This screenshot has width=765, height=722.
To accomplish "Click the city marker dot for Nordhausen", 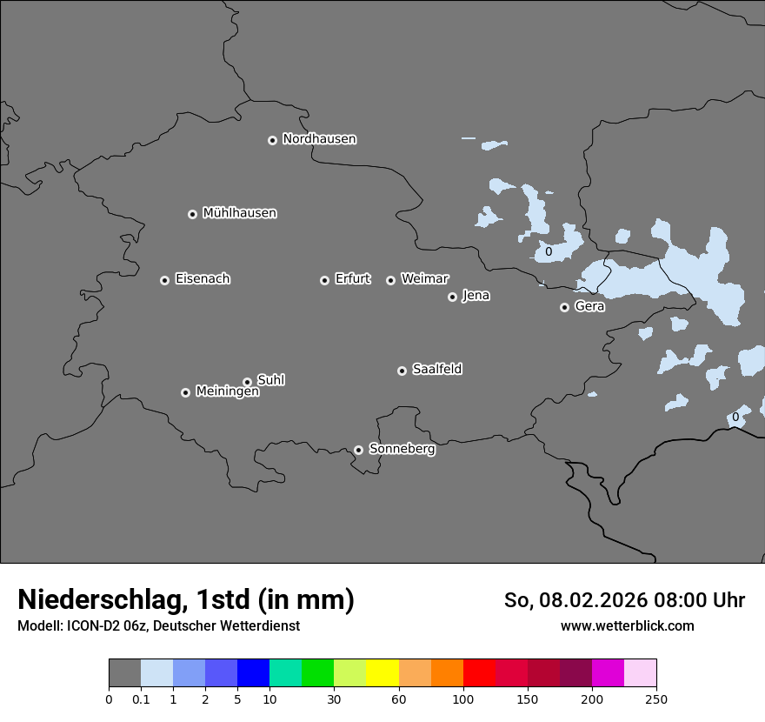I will (x=272, y=140).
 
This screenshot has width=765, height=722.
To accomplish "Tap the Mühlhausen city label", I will (x=239, y=213).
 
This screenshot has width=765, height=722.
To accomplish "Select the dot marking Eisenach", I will (x=164, y=280).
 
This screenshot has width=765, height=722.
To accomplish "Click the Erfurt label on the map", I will (x=352, y=279).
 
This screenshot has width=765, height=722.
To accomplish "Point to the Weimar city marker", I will (x=390, y=280).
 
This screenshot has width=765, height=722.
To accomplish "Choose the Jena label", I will (x=476, y=296).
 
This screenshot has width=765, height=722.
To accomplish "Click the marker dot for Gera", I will (x=564, y=307).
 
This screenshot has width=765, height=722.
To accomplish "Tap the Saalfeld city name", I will (x=436, y=370).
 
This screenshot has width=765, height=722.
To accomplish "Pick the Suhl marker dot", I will (x=247, y=382).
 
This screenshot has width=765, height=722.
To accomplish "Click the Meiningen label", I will (x=227, y=392).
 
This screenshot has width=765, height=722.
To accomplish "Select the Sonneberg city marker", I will (x=358, y=450).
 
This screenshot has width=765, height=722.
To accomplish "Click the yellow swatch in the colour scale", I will (x=382, y=673).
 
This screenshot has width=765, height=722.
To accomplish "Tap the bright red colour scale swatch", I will (x=479, y=673).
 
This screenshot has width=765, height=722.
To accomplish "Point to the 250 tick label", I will (x=656, y=699).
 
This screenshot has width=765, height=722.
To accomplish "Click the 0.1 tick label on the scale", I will (x=141, y=699).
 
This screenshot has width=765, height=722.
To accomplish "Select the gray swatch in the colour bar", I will (x=124, y=673).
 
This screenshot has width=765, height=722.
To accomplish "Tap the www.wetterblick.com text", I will (x=628, y=625).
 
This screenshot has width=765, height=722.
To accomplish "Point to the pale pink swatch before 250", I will (x=640, y=673).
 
